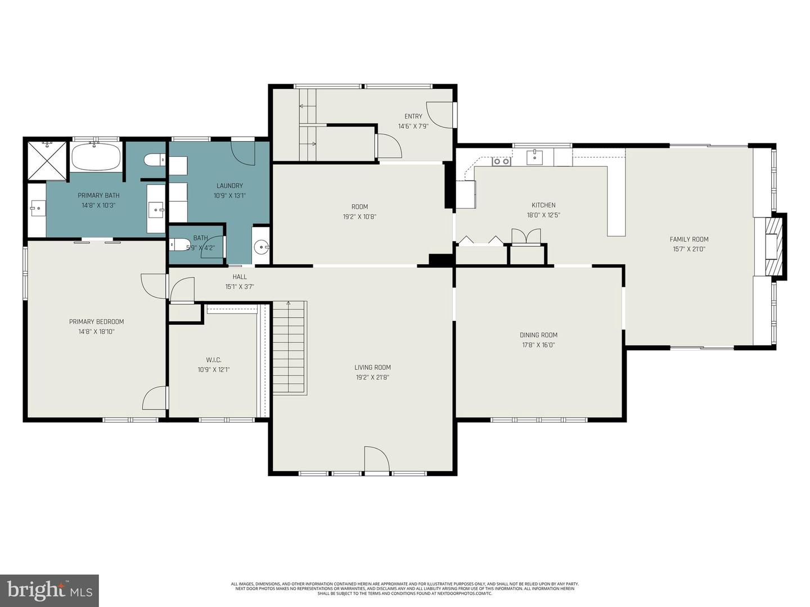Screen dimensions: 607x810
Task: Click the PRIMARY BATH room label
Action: (98, 196)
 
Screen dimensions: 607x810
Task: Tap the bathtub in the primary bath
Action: (96, 157)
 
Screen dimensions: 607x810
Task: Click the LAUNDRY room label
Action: (229, 186)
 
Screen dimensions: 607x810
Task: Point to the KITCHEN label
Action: (543, 205)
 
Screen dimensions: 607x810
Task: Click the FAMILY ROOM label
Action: (689, 239)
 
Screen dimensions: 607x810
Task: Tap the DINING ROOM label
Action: (538, 335)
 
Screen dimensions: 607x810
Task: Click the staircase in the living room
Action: (290, 348)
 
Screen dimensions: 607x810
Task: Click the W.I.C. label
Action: (213, 360)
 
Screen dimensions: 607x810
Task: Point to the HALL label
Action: (240, 277)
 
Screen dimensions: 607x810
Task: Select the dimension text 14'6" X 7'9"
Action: (413, 126)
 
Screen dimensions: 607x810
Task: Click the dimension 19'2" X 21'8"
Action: (372, 378)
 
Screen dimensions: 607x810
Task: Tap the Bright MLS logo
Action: (49, 590)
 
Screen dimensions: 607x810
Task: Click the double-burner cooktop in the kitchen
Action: (501, 162)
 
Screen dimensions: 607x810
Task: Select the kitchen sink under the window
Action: (534, 157)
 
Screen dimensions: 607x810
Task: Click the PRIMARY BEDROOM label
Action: (96, 322)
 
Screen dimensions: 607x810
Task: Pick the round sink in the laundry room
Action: (261, 246)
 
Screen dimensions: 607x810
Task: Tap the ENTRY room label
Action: (413, 116)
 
